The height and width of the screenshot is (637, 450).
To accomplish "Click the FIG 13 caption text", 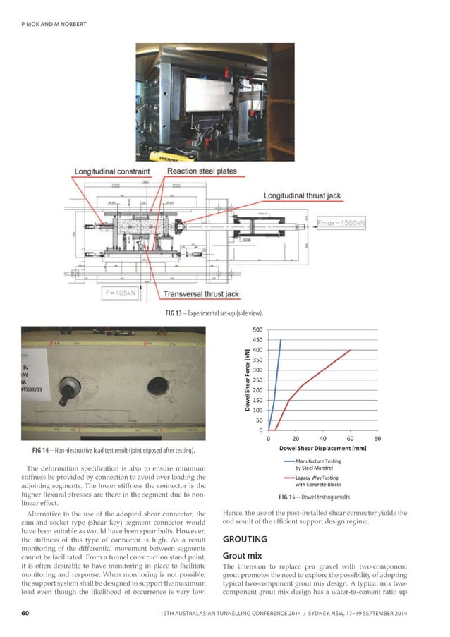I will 224,313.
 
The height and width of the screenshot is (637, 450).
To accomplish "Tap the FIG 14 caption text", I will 113,449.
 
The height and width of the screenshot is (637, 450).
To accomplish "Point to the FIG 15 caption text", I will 317,497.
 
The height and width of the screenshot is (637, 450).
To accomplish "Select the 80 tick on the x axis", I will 377,438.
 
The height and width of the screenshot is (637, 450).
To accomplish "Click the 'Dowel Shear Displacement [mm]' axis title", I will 322,448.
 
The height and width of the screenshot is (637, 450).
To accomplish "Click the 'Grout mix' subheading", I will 243,556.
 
